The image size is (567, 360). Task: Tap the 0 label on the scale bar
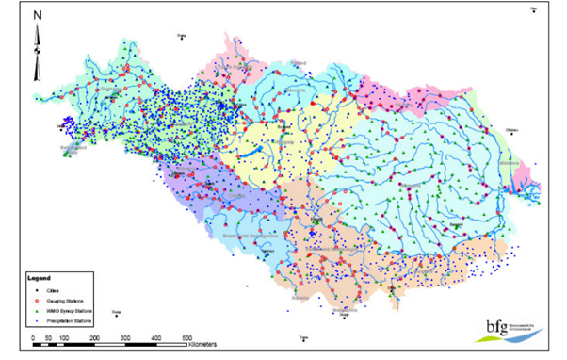[34, 336]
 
